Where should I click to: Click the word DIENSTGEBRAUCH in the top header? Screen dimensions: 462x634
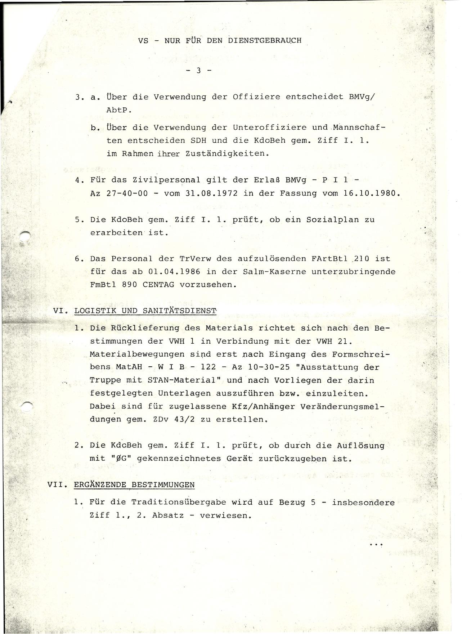click(x=265, y=40)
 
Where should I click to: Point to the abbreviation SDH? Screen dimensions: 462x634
click(x=198, y=140)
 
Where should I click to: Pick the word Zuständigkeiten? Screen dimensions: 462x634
click(x=227, y=153)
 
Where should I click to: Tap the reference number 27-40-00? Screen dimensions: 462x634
click(x=127, y=193)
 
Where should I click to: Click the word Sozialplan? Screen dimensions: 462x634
click(x=333, y=219)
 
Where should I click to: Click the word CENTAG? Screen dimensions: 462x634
click(x=158, y=285)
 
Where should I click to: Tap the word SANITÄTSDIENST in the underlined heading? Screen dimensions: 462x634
click(x=180, y=310)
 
